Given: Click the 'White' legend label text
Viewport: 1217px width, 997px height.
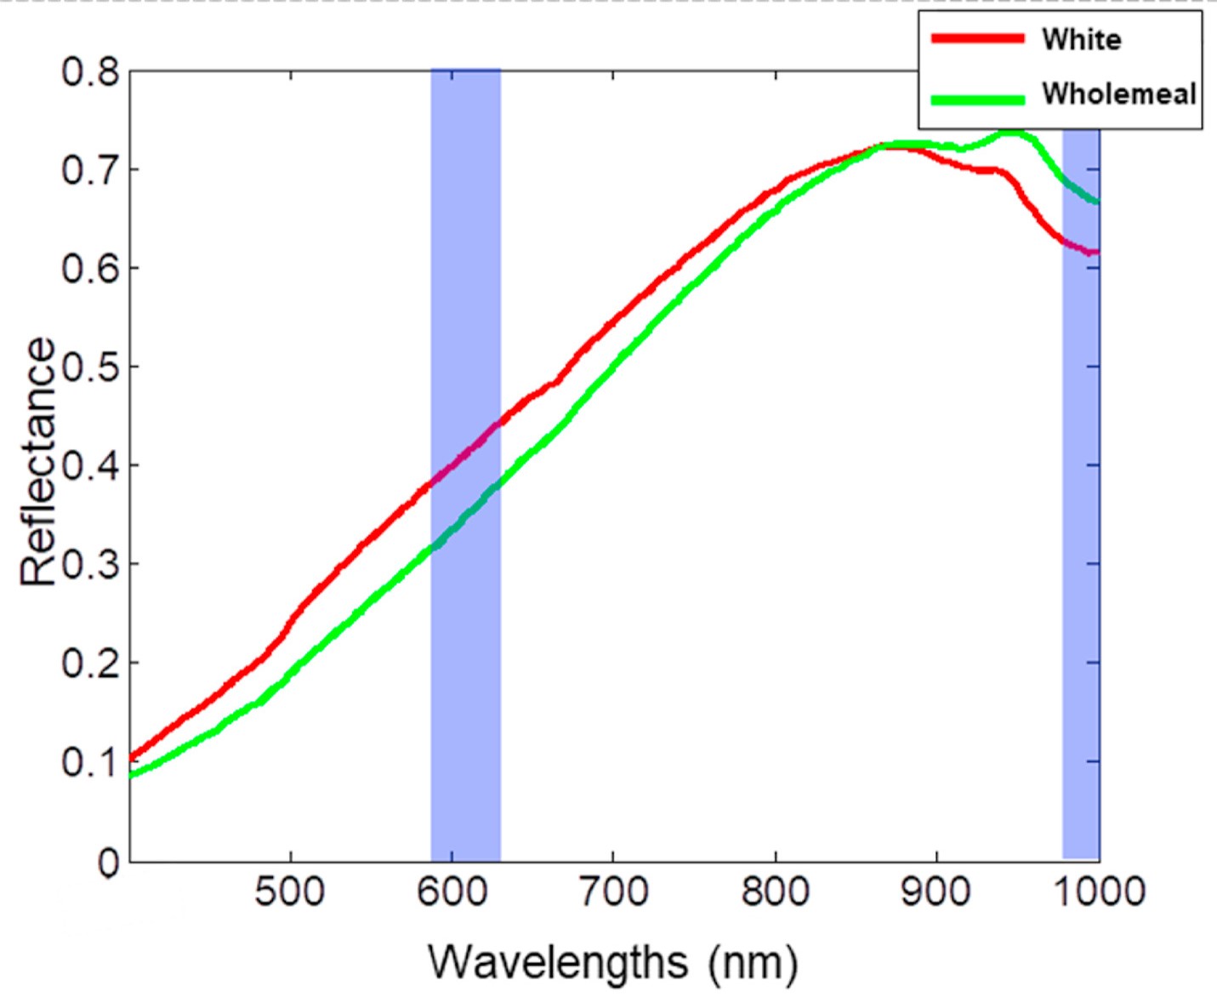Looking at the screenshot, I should [1081, 39].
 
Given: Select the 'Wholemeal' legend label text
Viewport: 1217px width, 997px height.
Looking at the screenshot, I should [1119, 94].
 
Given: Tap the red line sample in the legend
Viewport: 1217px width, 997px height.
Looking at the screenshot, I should [978, 38].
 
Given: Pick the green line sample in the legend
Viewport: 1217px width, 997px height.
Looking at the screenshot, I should [978, 99].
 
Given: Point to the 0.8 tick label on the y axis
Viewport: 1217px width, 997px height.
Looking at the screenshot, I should [90, 71].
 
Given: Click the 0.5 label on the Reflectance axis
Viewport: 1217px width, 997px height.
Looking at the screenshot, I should [90, 367].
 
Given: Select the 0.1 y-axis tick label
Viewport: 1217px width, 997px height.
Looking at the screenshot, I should [90, 761].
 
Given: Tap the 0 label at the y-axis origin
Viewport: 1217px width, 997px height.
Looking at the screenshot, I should [108, 863].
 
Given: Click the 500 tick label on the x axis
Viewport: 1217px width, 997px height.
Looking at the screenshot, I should [290, 892].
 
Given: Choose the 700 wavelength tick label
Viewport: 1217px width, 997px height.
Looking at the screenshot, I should [613, 892].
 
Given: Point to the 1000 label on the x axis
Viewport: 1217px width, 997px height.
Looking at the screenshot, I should [1099, 892].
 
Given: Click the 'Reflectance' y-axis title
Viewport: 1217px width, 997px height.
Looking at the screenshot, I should [38, 462].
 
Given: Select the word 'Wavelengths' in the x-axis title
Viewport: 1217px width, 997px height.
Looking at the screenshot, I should [558, 963].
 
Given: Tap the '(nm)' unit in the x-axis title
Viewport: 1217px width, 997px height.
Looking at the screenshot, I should [754, 963].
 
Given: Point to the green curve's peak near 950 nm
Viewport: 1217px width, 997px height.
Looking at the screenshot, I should [1009, 132].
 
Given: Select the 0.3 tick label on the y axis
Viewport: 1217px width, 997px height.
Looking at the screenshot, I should [90, 564].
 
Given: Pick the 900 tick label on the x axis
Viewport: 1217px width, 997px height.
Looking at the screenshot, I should [936, 892].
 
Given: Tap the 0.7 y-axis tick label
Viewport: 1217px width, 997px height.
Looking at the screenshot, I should [90, 170].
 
